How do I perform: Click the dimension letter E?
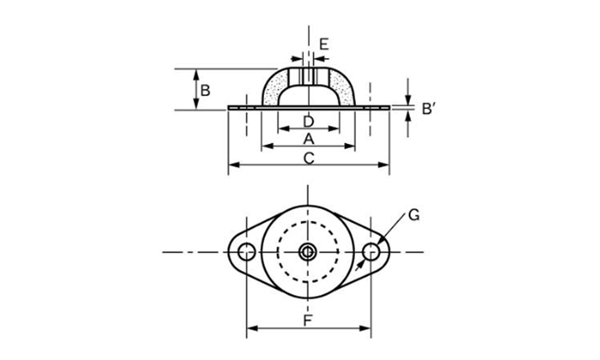pyautogui.click(x=324, y=44)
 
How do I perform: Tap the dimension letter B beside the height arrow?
pyautogui.click(x=206, y=90)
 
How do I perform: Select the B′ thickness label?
pyautogui.click(x=429, y=109)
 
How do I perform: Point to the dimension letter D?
pyautogui.click(x=309, y=122)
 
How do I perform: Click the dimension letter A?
pyautogui.click(x=309, y=138)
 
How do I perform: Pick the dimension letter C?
pyautogui.click(x=309, y=158)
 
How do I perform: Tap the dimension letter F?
pyautogui.click(x=308, y=321)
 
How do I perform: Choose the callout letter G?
pyautogui.click(x=414, y=215)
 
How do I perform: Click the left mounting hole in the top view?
pyautogui.click(x=247, y=252)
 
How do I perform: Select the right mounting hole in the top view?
pyautogui.click(x=371, y=252)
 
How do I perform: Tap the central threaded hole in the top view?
pyautogui.click(x=307, y=252)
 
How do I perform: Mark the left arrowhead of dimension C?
pyautogui.click(x=234, y=165)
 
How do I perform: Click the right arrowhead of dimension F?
pyautogui.click(x=366, y=328)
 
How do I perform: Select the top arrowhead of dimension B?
pyautogui.click(x=196, y=74)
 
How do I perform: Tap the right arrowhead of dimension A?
pyautogui.click(x=350, y=146)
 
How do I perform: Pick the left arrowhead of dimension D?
pyautogui.click(x=283, y=129)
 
